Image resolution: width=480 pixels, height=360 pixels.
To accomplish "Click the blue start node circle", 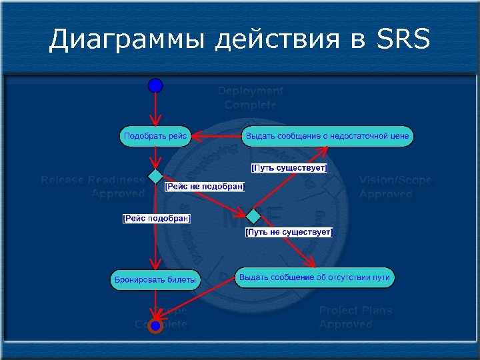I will point(155,85).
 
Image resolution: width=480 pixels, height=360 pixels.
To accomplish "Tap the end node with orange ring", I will point(155,326).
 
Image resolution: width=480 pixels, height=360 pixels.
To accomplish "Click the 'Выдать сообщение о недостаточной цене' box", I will point(327,136).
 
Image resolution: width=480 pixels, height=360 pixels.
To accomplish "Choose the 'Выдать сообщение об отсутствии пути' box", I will point(315,277).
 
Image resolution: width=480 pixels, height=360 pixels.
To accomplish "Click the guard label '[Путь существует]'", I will point(289,168).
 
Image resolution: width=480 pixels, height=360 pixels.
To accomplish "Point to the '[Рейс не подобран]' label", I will point(205,187).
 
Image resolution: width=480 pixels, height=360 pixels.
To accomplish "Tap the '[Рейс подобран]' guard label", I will point(157,219).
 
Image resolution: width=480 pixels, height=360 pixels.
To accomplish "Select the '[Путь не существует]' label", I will point(289,232).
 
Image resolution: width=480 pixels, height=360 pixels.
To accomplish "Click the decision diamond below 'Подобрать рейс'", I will point(155,177).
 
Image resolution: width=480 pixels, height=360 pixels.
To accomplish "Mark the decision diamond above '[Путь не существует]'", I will point(254,216).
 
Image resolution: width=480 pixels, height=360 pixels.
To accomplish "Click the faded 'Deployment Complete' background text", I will point(250,98).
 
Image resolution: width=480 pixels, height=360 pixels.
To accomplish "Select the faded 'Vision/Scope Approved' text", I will point(395,187).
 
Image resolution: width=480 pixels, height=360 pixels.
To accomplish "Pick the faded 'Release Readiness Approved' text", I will point(93,187).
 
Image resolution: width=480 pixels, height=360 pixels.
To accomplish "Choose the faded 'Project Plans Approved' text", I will point(355,317).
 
